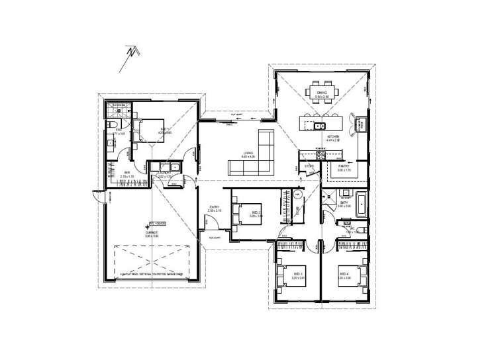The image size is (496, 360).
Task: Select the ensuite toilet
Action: [113, 126]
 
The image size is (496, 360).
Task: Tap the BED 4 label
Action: [344, 273]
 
